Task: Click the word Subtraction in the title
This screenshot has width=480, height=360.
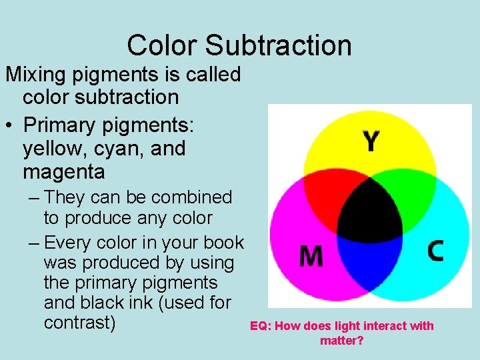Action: (x=278, y=45)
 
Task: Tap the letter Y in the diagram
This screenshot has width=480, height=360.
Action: (x=371, y=141)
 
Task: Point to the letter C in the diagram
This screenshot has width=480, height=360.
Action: (x=435, y=251)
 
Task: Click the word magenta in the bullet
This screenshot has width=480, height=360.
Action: (x=64, y=172)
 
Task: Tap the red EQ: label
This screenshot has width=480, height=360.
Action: (x=260, y=326)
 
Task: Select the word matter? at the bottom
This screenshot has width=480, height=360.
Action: (x=342, y=341)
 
